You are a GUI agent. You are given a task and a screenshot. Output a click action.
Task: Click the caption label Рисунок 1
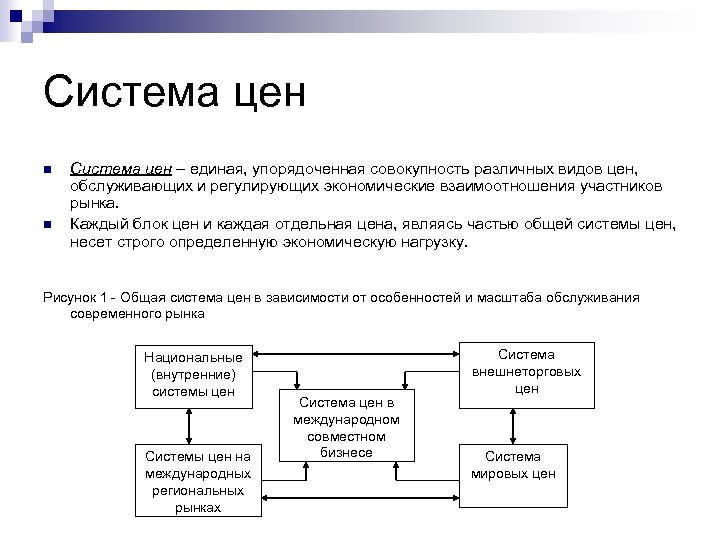[x=74, y=297]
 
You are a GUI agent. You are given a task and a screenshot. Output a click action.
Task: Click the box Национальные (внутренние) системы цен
[x=193, y=375]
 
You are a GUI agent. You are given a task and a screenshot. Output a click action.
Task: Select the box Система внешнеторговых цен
[x=526, y=371]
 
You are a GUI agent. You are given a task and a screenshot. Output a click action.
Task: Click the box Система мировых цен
[x=526, y=465]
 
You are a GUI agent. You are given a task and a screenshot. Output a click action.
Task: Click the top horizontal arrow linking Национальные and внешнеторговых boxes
[x=356, y=351]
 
